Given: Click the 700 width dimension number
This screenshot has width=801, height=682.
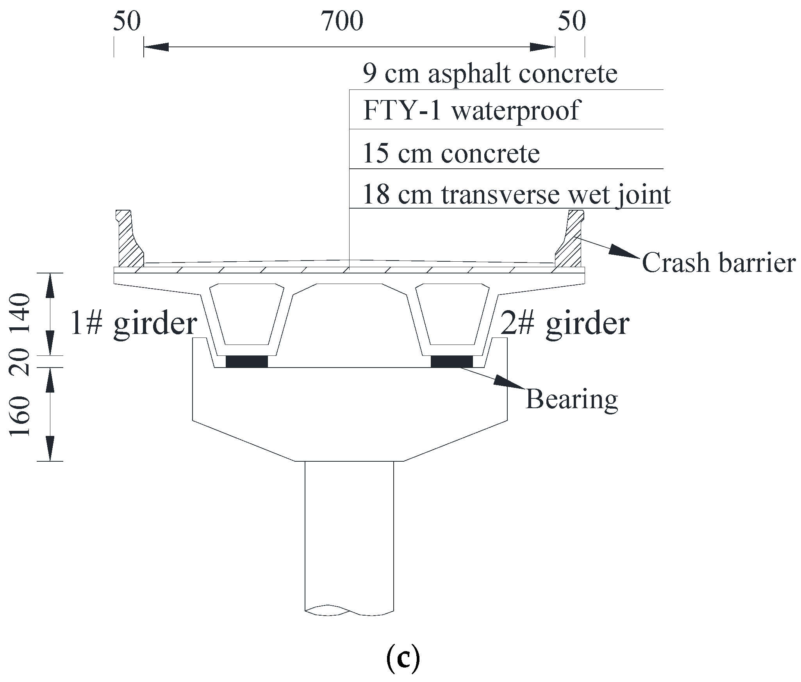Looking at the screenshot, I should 342,22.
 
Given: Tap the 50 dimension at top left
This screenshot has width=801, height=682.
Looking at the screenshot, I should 127,22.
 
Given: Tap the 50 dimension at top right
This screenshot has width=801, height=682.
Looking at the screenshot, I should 571,22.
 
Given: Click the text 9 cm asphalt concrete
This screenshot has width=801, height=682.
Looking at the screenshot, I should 490,74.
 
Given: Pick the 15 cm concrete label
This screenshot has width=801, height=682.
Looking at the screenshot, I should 451,154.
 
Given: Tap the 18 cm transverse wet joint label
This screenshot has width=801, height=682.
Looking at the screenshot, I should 516,195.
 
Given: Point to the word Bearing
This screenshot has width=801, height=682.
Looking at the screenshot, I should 572,400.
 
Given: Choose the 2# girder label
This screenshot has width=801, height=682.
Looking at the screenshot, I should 565,324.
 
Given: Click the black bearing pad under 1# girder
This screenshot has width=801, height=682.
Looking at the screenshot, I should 247,361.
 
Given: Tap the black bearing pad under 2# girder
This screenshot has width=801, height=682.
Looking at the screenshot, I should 451,361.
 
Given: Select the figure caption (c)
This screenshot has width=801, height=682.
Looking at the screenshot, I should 403,657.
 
